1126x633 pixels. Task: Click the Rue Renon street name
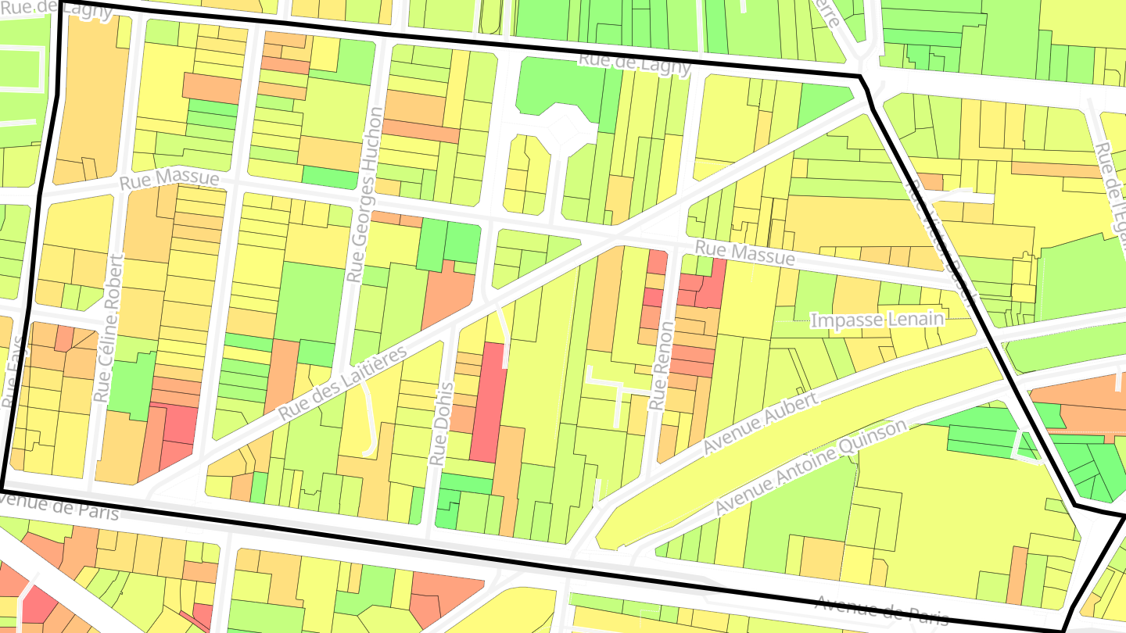(x=661, y=367)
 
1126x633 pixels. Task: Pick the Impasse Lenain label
(x=877, y=320)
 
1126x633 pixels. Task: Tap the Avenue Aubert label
(x=760, y=424)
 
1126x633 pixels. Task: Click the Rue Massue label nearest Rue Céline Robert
(x=169, y=181)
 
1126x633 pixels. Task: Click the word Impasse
(x=846, y=320)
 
